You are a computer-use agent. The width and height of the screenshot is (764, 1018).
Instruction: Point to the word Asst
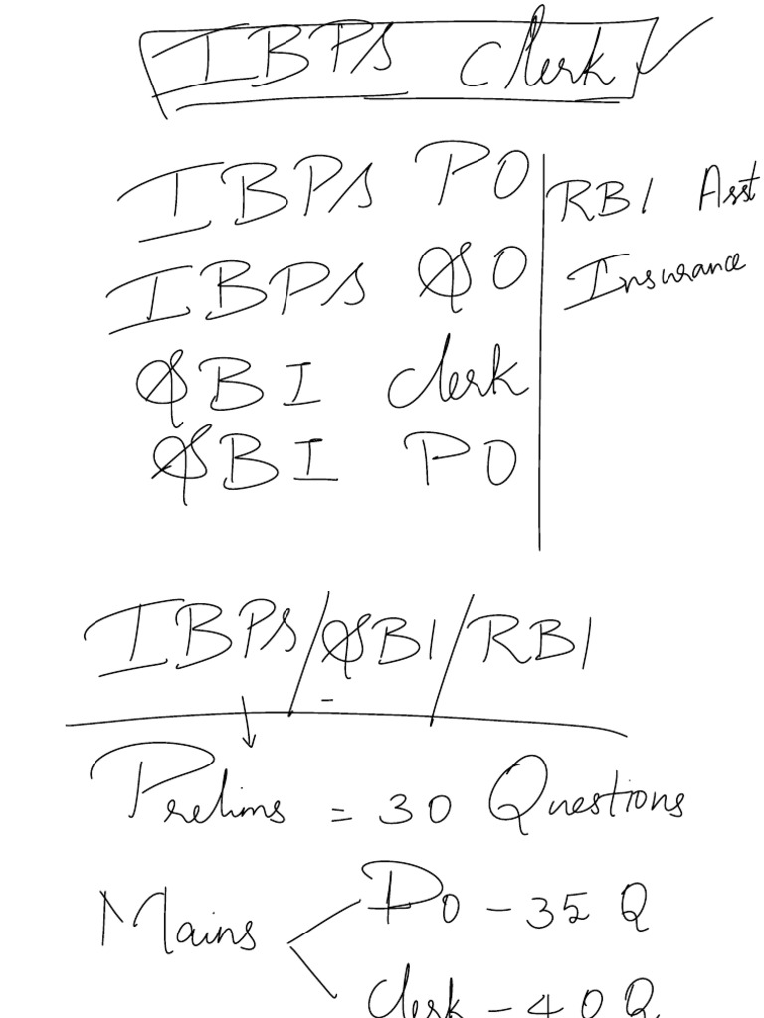[x=724, y=189]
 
